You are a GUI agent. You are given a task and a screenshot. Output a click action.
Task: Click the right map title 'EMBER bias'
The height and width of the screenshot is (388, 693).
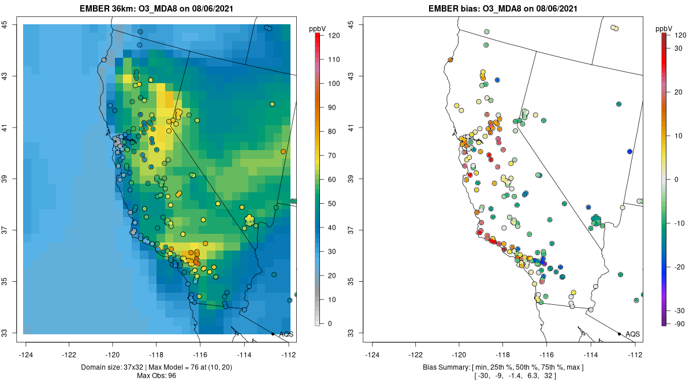click(x=451, y=9)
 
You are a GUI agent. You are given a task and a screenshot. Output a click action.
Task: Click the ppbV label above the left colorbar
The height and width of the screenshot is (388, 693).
click(x=318, y=28)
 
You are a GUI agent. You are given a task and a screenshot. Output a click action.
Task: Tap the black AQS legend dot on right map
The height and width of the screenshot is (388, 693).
click(x=619, y=334)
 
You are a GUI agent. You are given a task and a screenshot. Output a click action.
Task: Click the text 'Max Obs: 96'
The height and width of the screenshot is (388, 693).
click(x=156, y=376)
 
